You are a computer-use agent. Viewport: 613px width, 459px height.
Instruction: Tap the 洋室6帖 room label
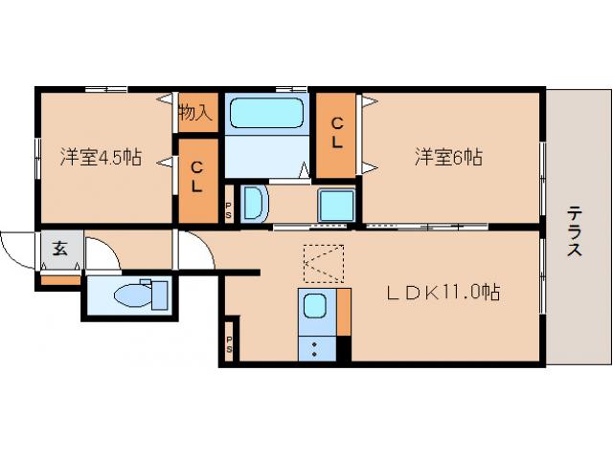pos(447,157)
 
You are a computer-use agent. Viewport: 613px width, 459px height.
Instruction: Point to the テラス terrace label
pos(574,231)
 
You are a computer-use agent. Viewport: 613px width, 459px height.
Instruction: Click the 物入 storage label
pos(195,112)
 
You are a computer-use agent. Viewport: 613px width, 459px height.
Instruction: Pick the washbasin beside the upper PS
pos(253,203)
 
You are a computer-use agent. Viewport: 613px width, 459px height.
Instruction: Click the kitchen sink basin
pos(315,307)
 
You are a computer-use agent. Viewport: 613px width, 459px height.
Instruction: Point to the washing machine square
pos(336,204)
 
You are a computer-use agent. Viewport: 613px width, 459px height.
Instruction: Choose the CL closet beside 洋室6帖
pos(337,136)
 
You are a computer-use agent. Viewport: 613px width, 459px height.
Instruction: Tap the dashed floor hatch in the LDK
pos(323,263)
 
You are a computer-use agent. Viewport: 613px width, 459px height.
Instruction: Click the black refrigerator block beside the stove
pos(344,348)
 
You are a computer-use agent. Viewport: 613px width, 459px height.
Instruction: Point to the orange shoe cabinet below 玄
pos(60,280)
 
